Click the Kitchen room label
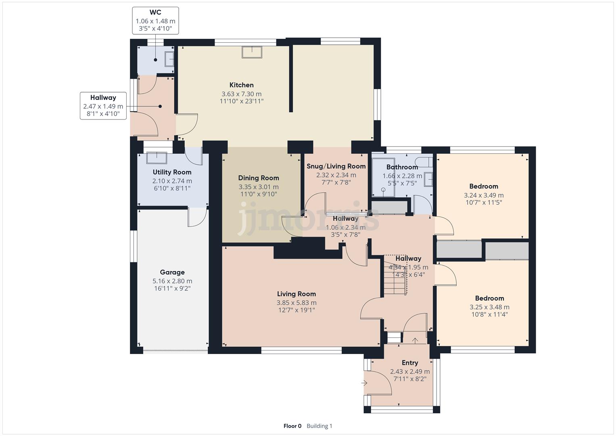[242, 85]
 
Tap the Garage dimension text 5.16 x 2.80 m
[172, 281]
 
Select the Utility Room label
[172, 172]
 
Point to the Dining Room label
[259, 178]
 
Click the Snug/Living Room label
[336, 166]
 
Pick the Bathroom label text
[402, 167]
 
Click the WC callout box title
[155, 13]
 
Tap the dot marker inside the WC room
[155, 60]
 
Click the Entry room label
[410, 363]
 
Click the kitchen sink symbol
[252, 52]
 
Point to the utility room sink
[157, 158]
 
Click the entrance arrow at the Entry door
[364, 383]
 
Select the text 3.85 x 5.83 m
[297, 303]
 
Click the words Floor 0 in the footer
[292, 426]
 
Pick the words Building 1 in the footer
[319, 426]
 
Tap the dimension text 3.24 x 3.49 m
[484, 195]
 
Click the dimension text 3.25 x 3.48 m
[489, 307]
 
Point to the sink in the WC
[169, 59]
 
